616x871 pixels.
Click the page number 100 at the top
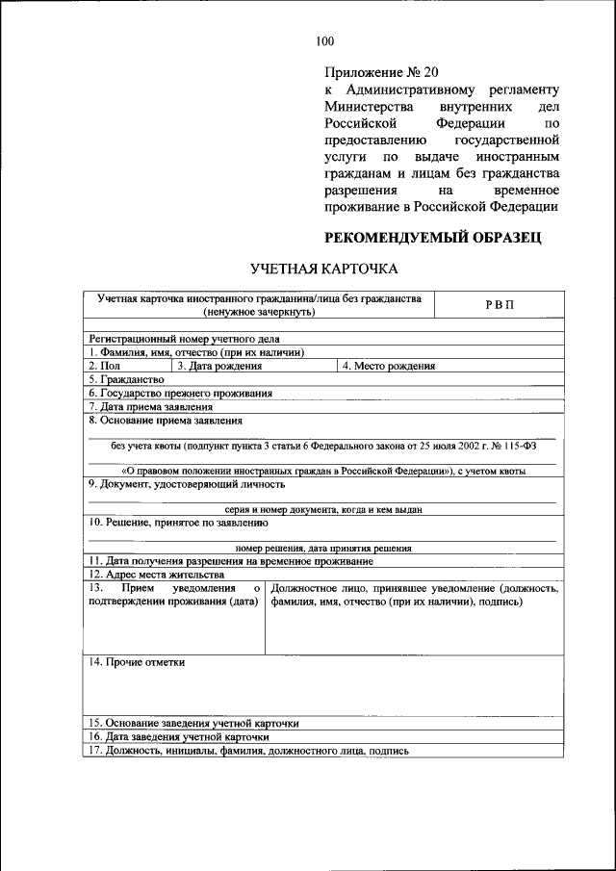[x=324, y=40]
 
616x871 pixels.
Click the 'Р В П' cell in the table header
[x=500, y=305]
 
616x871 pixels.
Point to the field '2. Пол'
[x=105, y=366]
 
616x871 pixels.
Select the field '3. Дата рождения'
[x=219, y=366]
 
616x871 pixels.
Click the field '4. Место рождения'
[x=389, y=366]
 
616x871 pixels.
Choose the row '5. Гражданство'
[x=126, y=379]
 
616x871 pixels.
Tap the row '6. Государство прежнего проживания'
[x=181, y=393]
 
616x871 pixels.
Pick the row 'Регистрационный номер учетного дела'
[x=171, y=339]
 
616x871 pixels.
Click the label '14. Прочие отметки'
[x=137, y=662]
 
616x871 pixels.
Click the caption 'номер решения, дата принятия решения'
[x=323, y=548]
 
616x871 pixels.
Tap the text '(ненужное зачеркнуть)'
[x=259, y=312]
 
